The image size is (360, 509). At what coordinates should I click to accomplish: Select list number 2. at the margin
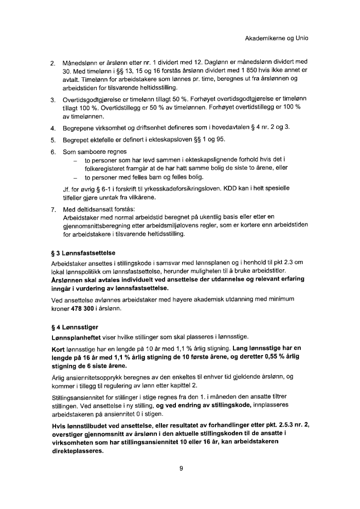click(x=53, y=64)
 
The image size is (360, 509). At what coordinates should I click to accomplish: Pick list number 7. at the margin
click(x=53, y=210)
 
